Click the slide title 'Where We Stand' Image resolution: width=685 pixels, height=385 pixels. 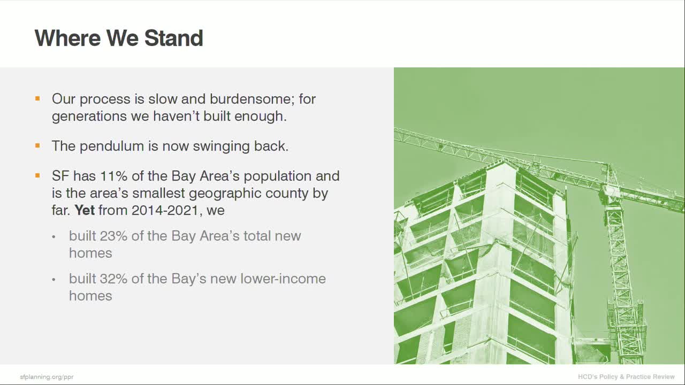[x=119, y=38]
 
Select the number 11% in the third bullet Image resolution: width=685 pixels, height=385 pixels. [x=110, y=176]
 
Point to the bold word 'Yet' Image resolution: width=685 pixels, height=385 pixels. [x=85, y=210]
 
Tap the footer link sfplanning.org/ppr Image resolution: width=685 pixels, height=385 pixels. [x=47, y=377]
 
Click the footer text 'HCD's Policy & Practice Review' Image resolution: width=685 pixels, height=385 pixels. [x=626, y=377]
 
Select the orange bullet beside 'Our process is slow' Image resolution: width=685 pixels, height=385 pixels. [x=37, y=98]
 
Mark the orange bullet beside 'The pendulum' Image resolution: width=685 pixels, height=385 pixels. [x=37, y=145]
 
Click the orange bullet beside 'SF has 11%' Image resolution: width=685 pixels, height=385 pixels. [x=37, y=175]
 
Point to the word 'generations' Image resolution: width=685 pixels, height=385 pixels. [x=89, y=116]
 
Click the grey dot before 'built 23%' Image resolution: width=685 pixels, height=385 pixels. [x=54, y=236]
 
